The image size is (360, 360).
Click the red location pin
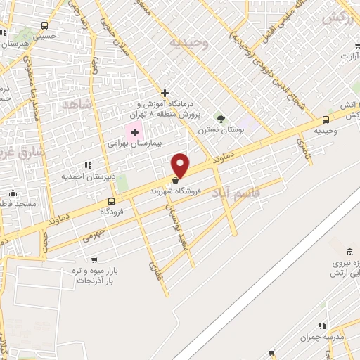(181, 165)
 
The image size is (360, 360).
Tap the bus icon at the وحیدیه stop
(325, 120)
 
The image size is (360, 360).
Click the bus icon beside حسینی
(4, 32)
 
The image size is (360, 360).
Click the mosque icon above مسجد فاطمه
(13, 193)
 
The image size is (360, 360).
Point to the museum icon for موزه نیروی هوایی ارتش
(349, 252)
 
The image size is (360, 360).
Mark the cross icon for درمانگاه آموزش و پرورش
(165, 93)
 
